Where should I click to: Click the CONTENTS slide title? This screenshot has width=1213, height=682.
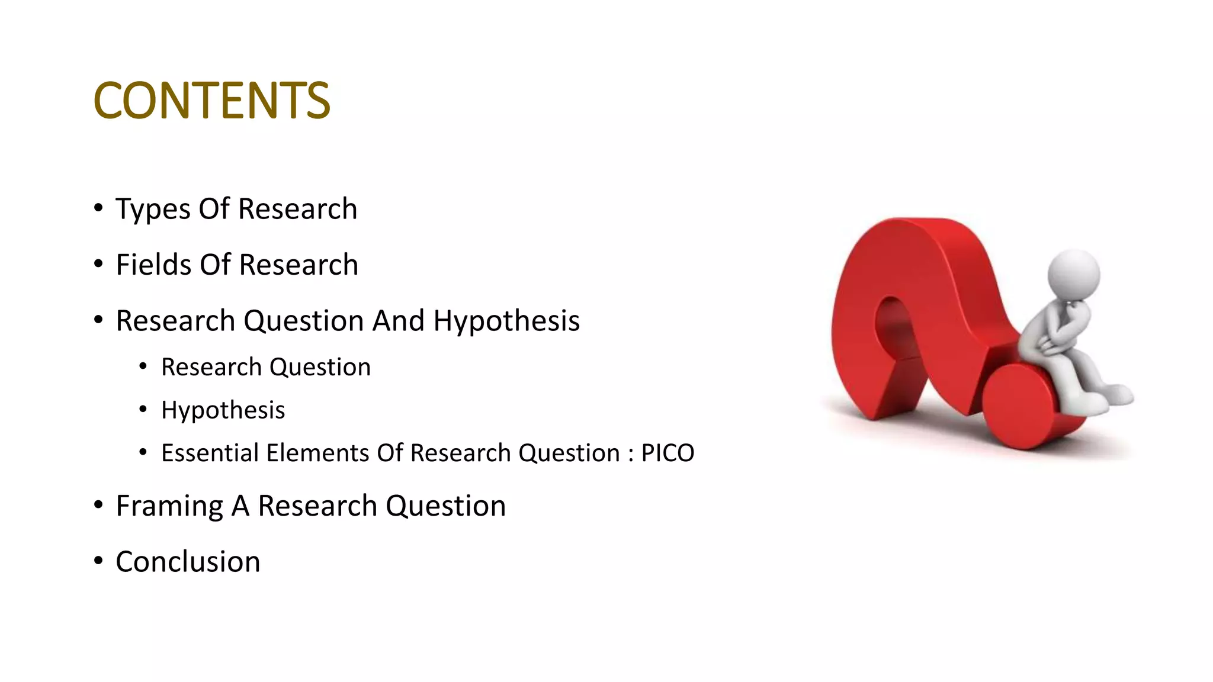point(211,100)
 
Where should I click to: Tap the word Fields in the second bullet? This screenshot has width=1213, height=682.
point(153,265)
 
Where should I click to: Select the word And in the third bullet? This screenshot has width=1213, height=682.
point(398,321)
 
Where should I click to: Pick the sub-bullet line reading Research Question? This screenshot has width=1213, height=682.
point(266,368)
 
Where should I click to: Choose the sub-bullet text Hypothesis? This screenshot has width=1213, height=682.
point(223,410)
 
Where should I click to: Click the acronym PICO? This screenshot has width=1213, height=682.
point(668,453)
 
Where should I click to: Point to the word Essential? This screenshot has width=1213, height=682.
point(210,453)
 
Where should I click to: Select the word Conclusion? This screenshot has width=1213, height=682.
point(188,562)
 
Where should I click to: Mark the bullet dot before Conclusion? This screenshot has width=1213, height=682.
point(98,560)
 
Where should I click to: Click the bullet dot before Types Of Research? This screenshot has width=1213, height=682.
point(98,207)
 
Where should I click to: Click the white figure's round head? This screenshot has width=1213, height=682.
point(1073,275)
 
